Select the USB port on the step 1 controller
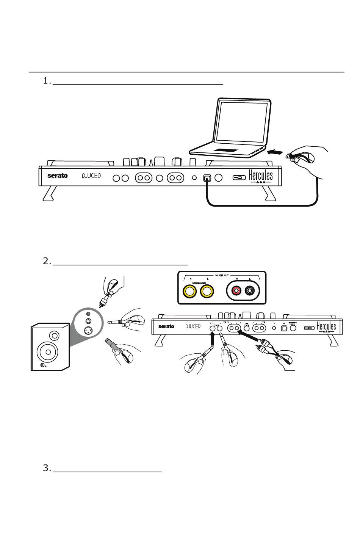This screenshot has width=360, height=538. [207, 178]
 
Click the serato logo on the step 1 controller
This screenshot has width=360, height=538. [58, 176]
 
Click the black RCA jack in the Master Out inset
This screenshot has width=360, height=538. [250, 291]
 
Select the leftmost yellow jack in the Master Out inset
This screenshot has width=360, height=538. [189, 291]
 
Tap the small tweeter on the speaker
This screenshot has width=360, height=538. [54, 336]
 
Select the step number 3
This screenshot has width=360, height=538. [47, 468]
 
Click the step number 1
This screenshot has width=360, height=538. [47, 81]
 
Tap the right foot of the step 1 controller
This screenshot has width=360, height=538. [271, 194]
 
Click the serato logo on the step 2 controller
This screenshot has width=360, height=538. [166, 326]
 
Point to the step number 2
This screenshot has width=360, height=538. [47, 261]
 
